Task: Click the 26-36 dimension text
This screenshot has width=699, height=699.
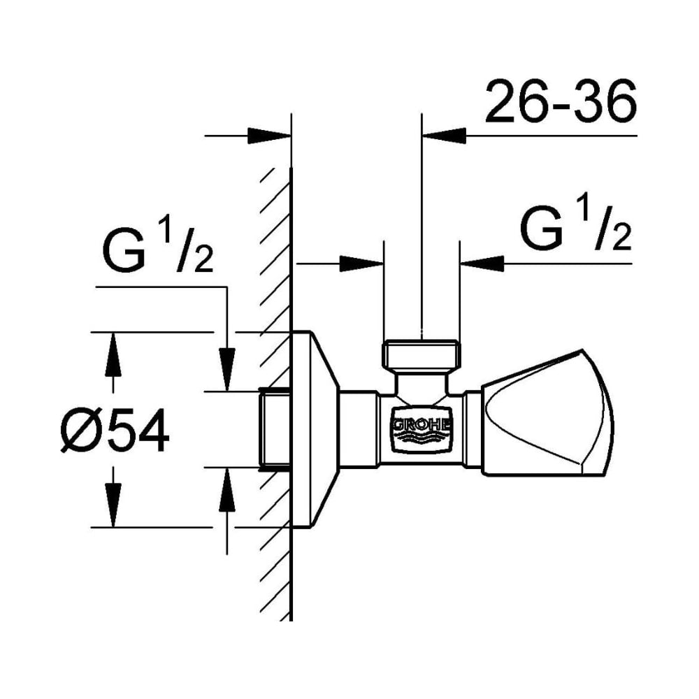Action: click(x=561, y=101)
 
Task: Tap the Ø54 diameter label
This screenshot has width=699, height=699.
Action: click(x=115, y=430)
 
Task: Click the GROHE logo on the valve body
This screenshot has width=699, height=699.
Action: click(x=421, y=430)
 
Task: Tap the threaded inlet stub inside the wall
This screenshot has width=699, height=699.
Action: click(x=275, y=429)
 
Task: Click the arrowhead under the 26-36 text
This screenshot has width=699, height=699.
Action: click(x=444, y=136)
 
